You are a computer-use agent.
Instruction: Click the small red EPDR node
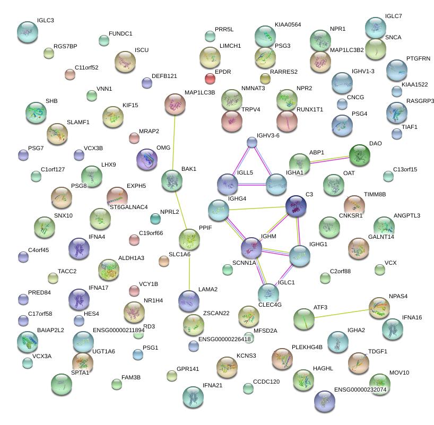[210, 79]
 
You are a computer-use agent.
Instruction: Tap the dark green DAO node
[360, 155]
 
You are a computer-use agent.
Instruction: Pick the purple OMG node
[147, 159]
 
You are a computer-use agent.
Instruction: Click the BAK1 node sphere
[171, 180]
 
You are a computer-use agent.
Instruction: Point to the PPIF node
[189, 239]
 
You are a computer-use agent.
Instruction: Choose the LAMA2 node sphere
[189, 301]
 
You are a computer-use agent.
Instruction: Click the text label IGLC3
[46, 21]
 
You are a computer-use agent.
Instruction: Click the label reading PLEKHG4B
[307, 348]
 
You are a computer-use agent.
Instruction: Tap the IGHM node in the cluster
[252, 248]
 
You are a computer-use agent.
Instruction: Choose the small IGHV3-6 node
[252, 142]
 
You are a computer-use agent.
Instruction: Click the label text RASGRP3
[420, 101]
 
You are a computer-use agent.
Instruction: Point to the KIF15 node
[112, 117]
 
